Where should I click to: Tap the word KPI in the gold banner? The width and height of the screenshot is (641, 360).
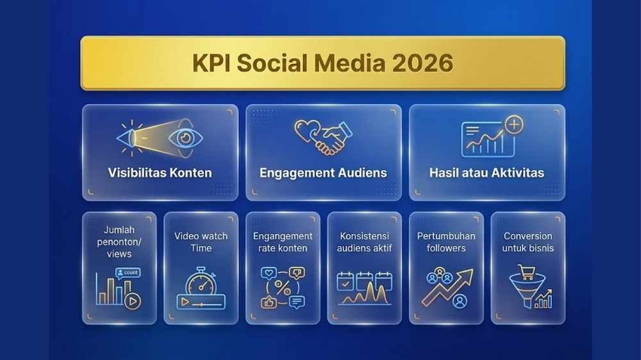pos(211,63)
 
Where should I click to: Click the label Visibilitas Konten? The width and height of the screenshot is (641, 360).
pos(160,173)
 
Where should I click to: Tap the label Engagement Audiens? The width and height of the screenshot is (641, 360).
pos(323,173)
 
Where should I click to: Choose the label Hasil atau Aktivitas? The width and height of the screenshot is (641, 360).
pos(487,173)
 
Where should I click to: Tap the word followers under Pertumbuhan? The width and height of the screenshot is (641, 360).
pos(446,248)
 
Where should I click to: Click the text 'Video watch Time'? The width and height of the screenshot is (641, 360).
pos(201,241)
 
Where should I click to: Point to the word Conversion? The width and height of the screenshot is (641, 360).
pos(528,236)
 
